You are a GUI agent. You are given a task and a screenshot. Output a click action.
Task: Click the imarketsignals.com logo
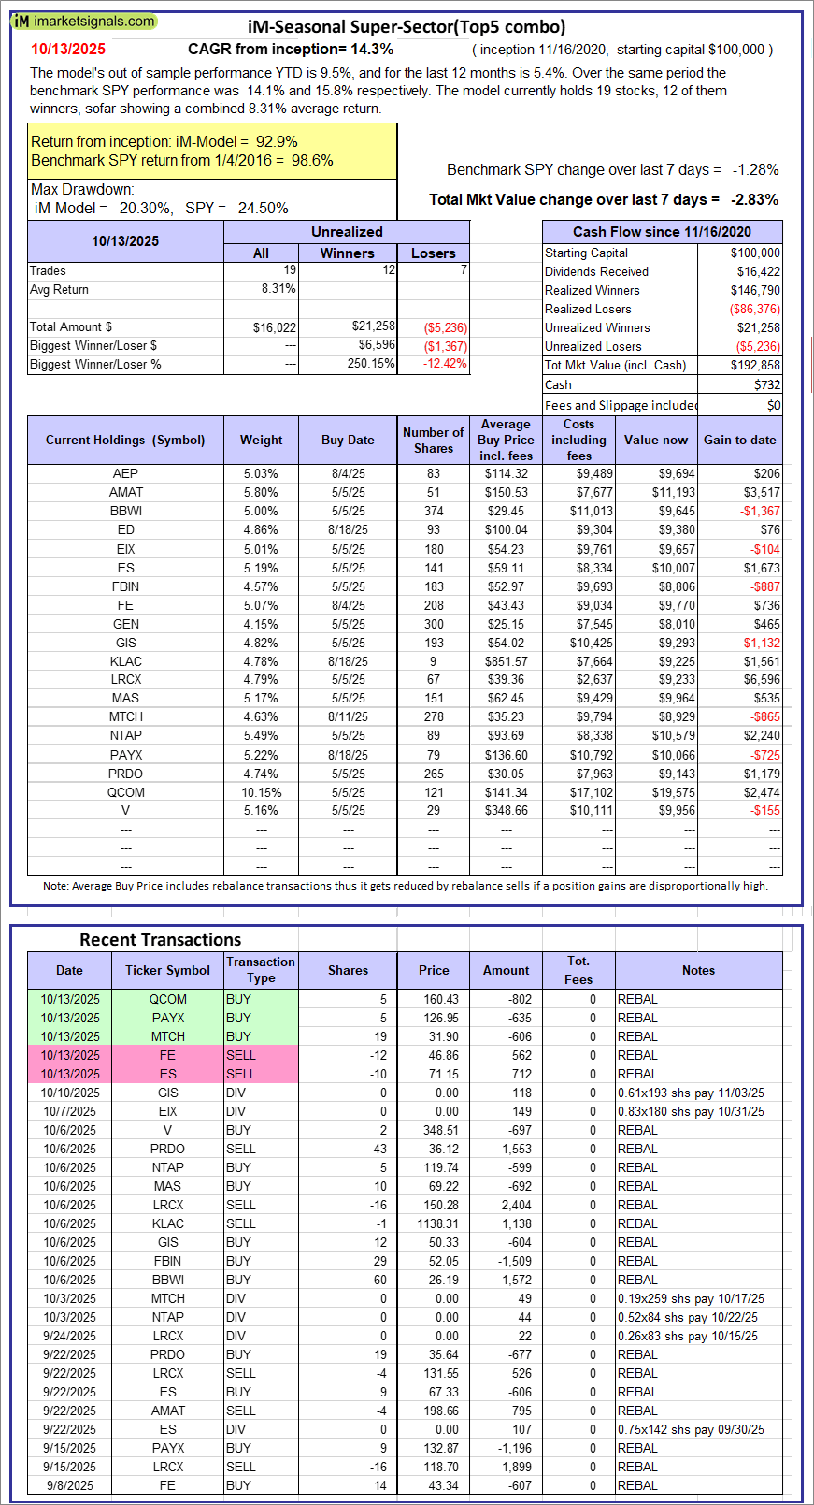pyautogui.click(x=84, y=21)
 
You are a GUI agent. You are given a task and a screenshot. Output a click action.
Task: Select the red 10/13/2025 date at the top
pyautogui.click(x=68, y=50)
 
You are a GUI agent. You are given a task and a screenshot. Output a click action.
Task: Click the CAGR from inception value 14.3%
pyautogui.click(x=372, y=50)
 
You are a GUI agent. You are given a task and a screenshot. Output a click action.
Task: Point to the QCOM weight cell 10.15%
pyautogui.click(x=261, y=792)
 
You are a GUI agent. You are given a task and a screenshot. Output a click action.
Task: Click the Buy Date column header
pyautogui.click(x=348, y=440)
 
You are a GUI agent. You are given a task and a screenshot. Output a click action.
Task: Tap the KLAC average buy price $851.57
pyautogui.click(x=507, y=661)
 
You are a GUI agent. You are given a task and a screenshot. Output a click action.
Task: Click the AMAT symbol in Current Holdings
pyautogui.click(x=126, y=492)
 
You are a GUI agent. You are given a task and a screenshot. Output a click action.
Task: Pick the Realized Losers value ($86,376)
pyautogui.click(x=754, y=309)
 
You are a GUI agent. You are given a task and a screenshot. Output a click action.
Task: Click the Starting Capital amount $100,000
pyautogui.click(x=755, y=253)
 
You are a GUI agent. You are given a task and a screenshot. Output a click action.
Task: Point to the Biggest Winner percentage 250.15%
pyautogui.click(x=370, y=364)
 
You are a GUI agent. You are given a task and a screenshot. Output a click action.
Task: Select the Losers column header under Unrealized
pyautogui.click(x=433, y=253)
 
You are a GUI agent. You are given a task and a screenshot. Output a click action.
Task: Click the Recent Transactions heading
pyautogui.click(x=160, y=940)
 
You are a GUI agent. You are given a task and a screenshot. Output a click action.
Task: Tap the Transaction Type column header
pyautogui.click(x=261, y=970)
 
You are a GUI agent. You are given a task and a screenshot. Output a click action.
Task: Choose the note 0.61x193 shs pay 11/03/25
pyautogui.click(x=691, y=1093)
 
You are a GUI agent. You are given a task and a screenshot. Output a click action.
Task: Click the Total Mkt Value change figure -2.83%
pyautogui.click(x=755, y=199)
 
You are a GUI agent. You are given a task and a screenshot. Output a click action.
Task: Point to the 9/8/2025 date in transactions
pyautogui.click(x=70, y=1485)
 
